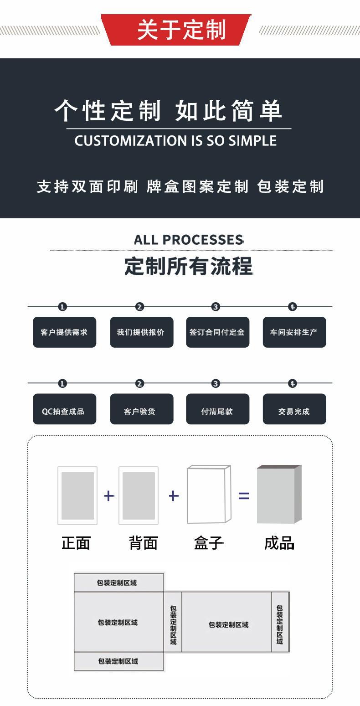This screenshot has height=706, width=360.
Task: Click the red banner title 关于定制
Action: coord(181,30)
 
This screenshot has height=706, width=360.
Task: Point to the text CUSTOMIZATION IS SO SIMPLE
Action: coord(175,140)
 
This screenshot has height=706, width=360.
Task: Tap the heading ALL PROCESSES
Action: coord(189,240)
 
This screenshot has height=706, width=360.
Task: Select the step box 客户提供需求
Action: coord(64,332)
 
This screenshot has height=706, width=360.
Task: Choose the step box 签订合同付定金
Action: coord(217,332)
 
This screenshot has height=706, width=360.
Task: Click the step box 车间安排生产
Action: coord(294,332)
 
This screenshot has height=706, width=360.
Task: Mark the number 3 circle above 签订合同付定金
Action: coord(216,307)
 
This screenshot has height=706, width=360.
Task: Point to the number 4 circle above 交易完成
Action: coord(293,384)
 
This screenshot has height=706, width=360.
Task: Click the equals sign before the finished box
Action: coord(244,495)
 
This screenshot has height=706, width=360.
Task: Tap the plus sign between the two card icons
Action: coord(108,495)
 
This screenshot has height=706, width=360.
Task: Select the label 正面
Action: coord(76,543)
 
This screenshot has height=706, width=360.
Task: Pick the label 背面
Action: coord(144,543)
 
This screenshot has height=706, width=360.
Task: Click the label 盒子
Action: coord(209,543)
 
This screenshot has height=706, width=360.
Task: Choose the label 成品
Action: coord(279,543)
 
